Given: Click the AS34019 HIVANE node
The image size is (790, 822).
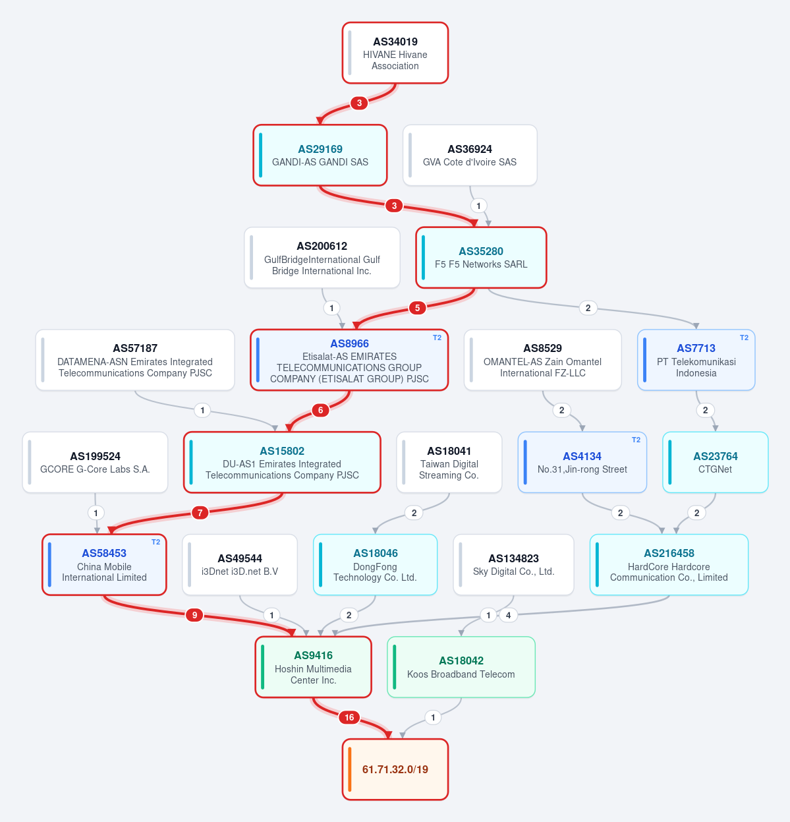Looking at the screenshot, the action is (395, 53).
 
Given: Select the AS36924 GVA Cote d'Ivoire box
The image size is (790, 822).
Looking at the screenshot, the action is (470, 155).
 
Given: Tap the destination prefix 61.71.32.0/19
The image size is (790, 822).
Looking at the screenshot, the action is (395, 769).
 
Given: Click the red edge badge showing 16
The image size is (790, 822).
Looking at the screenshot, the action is (349, 717).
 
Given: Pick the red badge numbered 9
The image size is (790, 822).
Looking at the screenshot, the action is (194, 615).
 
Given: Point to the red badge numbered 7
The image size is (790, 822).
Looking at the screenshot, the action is (200, 513).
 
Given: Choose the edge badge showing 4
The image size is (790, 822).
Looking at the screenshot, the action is (509, 615).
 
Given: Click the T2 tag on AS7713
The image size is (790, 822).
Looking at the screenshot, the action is (744, 338).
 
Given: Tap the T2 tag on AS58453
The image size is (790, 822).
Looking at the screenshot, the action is (155, 542).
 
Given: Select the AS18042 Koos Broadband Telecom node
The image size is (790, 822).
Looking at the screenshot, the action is (461, 667).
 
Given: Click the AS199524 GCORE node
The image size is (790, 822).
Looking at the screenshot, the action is (95, 462).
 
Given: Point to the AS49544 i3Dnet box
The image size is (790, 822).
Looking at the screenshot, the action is (239, 565).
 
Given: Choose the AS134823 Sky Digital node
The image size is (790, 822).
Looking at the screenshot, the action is (513, 565).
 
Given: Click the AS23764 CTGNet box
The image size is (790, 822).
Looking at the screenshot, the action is (716, 462).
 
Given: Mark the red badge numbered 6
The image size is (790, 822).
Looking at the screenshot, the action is (320, 410).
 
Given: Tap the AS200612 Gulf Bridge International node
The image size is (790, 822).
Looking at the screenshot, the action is (322, 258).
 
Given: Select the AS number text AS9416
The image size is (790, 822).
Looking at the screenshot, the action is (313, 655).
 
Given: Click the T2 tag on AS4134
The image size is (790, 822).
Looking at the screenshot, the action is (636, 440).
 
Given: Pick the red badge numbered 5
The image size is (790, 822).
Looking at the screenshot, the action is (417, 308).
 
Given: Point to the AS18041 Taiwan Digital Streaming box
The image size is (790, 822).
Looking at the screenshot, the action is (449, 462).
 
